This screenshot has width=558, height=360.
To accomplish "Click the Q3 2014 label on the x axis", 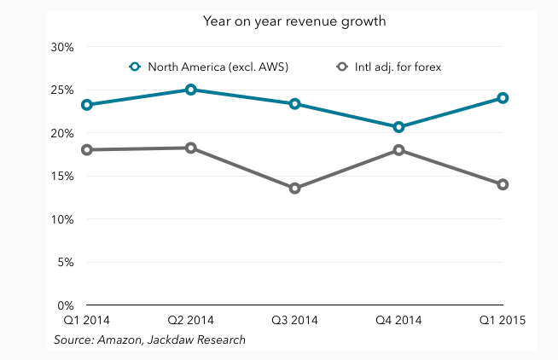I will tap(294, 321).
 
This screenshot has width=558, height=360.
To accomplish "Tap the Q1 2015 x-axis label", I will tap(503, 321).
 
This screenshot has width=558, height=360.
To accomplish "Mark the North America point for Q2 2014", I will tap(190, 90).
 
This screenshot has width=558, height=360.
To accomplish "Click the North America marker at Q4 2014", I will tap(398, 127).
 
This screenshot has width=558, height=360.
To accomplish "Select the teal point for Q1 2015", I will tap(503, 98).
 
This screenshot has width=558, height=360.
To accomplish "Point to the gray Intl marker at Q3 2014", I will tap(294, 189).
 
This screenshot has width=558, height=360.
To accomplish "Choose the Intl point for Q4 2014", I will tap(398, 150).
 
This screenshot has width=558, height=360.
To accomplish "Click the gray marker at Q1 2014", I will tap(86, 150).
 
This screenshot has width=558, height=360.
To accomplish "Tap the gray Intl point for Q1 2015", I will tap(503, 184).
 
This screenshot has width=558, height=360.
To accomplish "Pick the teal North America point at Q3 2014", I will tap(294, 104).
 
